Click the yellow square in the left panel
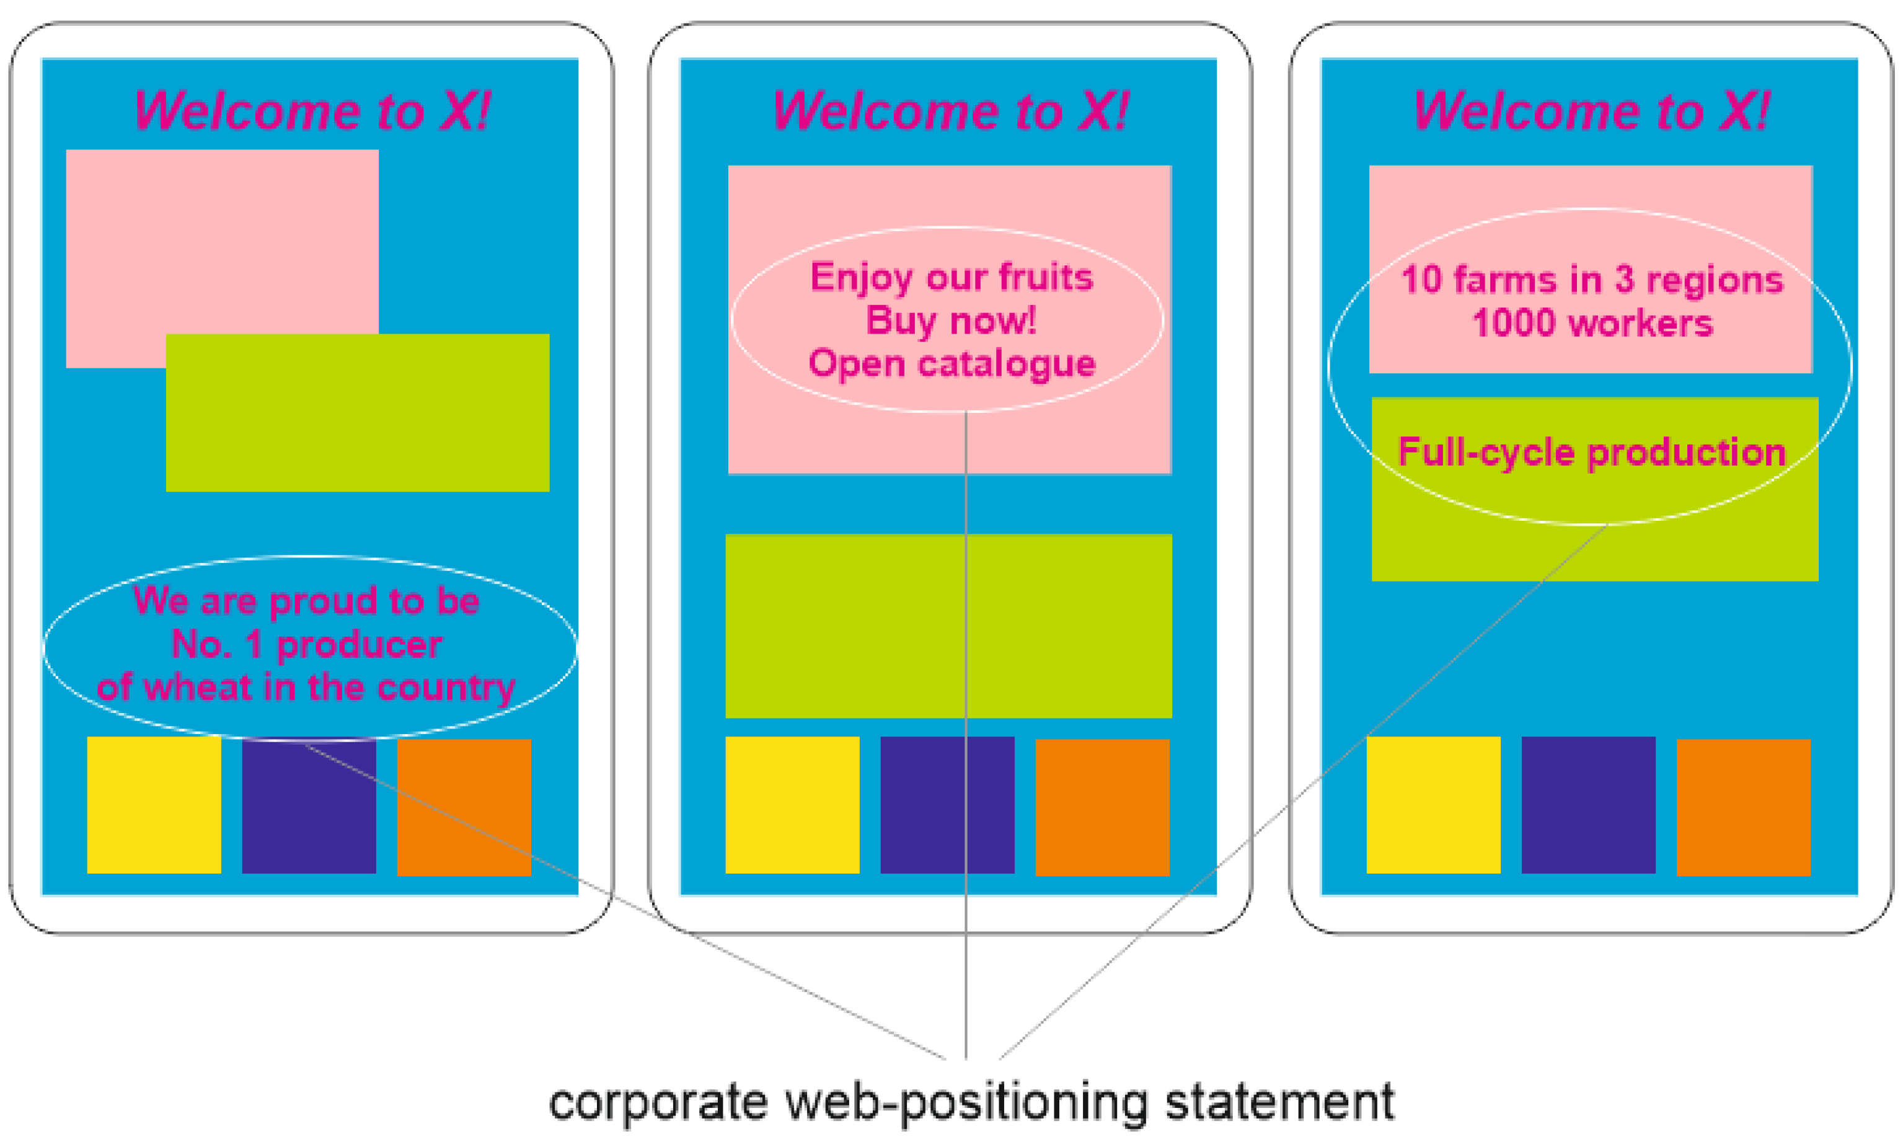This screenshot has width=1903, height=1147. (154, 805)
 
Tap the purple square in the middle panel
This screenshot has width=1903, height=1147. (947, 805)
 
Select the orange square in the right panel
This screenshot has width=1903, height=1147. (1743, 807)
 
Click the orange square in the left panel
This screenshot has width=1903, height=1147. (464, 807)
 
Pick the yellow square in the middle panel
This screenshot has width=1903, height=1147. (792, 805)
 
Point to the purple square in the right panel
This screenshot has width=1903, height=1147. (1588, 805)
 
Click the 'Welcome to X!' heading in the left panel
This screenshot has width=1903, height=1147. (312, 110)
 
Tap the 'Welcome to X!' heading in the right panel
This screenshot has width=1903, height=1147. (1591, 110)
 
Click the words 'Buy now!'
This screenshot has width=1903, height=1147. (951, 320)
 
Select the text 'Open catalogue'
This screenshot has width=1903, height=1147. (951, 363)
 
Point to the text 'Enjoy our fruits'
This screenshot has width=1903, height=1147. (951, 277)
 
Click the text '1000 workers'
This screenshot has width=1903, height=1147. (1592, 323)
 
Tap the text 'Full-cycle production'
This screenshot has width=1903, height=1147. (1592, 452)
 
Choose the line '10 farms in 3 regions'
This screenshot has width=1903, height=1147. (1592, 280)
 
